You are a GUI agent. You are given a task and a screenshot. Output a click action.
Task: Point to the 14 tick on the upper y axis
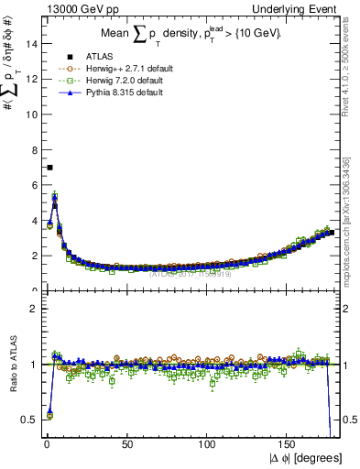(32, 43)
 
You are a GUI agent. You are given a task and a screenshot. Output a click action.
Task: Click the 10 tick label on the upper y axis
(32, 114)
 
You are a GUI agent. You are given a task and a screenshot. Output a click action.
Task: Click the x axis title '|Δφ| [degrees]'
(307, 457)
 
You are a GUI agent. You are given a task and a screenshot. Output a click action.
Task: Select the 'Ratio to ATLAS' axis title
(12, 364)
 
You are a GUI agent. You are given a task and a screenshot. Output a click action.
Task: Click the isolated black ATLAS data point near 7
(49, 168)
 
